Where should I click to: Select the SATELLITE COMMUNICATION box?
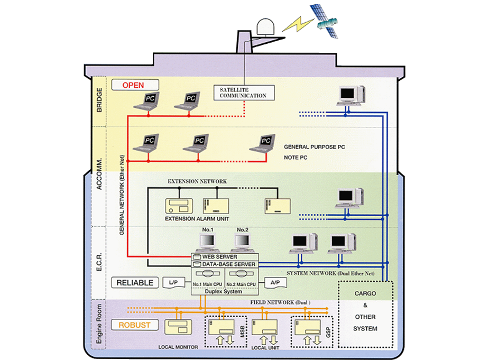point(243,93)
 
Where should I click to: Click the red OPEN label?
point(133,85)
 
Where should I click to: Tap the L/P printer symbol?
point(173,283)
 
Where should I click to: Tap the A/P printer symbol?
point(275,283)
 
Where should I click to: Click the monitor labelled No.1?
point(207,242)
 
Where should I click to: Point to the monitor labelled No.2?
point(242,242)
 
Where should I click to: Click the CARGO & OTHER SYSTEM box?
point(365,317)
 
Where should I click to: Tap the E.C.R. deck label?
point(99,262)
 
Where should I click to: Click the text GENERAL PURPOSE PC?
point(314,147)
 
